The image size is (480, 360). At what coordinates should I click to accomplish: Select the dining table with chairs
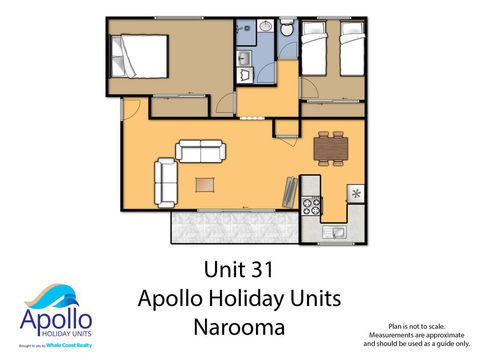pos(329,148)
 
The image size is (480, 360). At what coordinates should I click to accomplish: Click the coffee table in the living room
pos(206,183)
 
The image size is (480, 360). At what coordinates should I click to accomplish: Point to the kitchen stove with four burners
pos(310,208)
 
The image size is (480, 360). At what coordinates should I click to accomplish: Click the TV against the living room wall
pos(288,189)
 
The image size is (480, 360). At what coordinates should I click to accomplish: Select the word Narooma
pos(240,326)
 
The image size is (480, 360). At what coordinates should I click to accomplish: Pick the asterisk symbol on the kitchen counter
pos(355,192)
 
